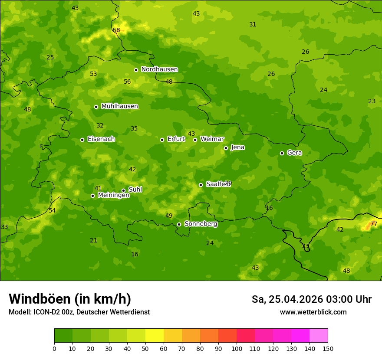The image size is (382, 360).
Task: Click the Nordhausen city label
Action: point(159,69)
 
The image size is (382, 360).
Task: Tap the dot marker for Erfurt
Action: point(162,140)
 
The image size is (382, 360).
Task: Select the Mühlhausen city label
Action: point(119,106)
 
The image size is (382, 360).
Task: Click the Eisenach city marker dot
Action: point(82,140)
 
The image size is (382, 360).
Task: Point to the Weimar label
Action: point(212,139)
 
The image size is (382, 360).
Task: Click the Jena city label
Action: point(237,147)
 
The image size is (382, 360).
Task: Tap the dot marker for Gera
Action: point(282,153)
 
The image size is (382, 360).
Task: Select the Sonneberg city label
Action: point(201,224)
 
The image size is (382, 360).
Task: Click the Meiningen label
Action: point(113,195)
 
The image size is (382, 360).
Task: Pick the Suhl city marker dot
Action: point(123,190)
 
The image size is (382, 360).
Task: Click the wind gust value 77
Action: point(373,224)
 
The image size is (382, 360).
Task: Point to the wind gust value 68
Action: point(116,30)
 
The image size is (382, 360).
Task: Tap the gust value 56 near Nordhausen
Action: point(127,82)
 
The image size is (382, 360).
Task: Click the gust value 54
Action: point(52,210)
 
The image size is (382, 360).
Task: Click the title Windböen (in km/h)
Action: point(70,299)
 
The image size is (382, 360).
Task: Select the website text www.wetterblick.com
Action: point(313,312)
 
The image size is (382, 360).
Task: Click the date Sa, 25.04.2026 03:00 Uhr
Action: point(311,299)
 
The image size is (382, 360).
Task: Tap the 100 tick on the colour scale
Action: point(237,348)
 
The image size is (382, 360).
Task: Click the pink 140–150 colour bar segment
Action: point(319,335)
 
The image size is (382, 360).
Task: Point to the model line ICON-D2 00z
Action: point(79,312)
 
